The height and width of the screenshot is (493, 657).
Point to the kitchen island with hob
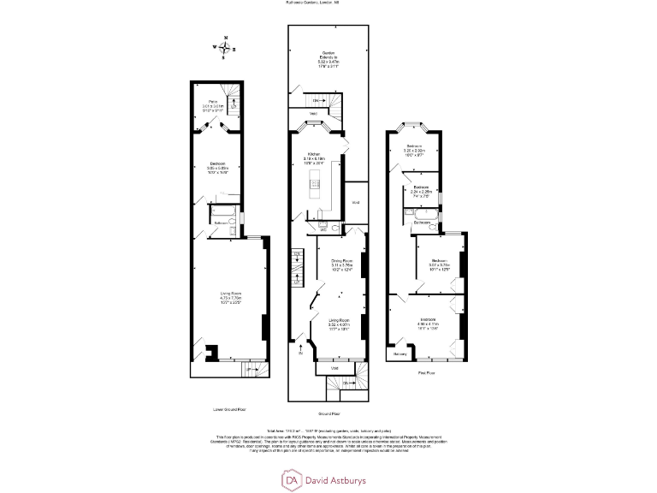(x=314, y=183)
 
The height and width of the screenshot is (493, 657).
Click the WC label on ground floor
(x=323, y=229)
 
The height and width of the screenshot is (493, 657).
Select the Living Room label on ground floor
(x=340, y=320)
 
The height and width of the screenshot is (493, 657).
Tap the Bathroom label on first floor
(x=422, y=222)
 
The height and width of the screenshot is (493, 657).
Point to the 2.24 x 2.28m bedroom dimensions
(x=420, y=192)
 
